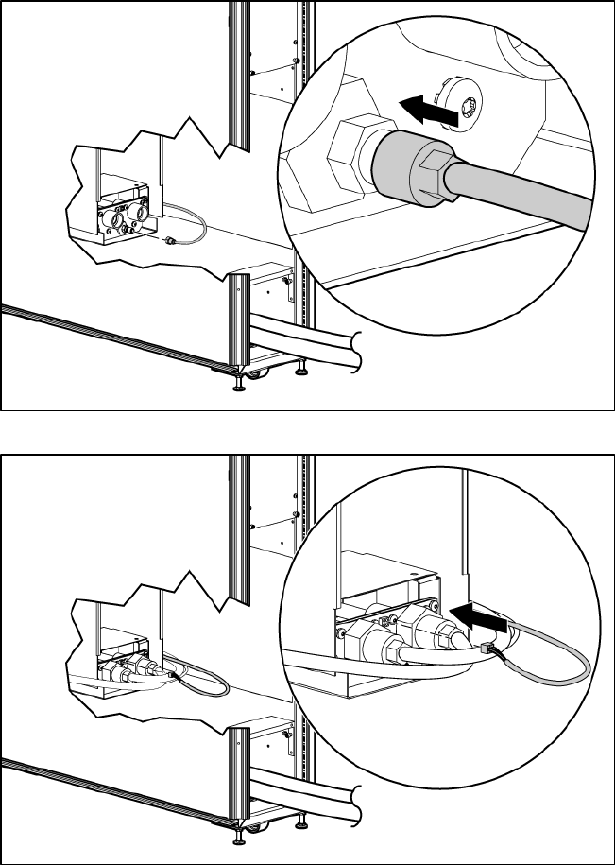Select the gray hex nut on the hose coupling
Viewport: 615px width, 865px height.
pyautogui.click(x=433, y=173)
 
